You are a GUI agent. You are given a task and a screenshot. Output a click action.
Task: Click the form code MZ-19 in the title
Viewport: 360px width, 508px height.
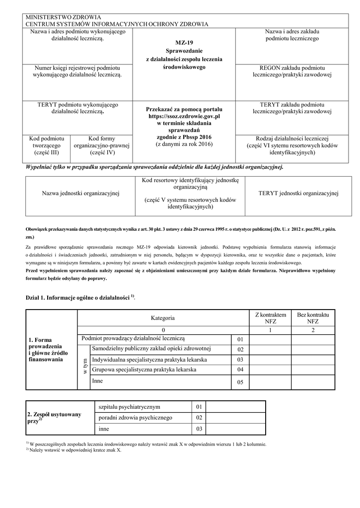click(x=184, y=43)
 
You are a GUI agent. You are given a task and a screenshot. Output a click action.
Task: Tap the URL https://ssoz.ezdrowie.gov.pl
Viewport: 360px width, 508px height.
click(x=184, y=116)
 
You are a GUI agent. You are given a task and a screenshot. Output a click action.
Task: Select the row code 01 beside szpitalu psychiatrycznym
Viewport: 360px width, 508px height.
click(x=200, y=407)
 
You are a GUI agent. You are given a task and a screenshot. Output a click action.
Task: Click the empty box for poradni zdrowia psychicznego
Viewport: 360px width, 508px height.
click(x=236, y=418)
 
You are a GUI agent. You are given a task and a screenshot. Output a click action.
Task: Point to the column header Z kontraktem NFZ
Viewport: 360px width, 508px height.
click(x=270, y=318)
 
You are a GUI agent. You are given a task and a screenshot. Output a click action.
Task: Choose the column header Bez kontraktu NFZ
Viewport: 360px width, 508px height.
click(x=313, y=318)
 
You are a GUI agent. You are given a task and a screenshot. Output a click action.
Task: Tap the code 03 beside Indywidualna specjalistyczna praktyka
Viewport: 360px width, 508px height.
click(x=240, y=359)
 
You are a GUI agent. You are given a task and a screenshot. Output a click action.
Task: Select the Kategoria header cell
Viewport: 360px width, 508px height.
click(x=162, y=317)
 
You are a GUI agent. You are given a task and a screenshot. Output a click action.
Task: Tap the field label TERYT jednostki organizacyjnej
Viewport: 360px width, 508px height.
click(x=298, y=193)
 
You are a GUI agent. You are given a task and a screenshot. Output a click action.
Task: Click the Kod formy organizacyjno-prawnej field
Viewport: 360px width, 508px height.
click(x=101, y=145)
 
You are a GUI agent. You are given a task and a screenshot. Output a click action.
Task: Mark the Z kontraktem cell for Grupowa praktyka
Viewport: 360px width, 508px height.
click(x=270, y=370)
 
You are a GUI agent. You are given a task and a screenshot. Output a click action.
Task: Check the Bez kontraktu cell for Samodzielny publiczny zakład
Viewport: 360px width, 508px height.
click(x=313, y=349)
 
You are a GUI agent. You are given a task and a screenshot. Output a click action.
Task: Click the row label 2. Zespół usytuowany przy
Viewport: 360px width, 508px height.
click(x=54, y=417)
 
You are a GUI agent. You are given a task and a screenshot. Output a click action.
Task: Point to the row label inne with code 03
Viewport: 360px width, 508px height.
click(x=104, y=429)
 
